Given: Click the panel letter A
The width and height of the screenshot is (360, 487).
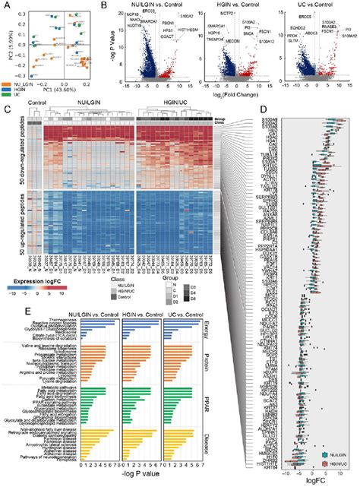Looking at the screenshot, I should (5, 5).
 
